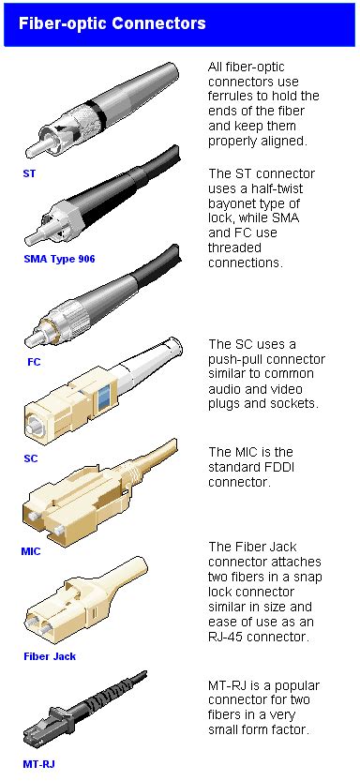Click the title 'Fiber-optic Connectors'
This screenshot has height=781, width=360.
coord(112,23)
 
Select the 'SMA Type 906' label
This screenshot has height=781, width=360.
coord(59,259)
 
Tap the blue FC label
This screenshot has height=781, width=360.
coord(34,360)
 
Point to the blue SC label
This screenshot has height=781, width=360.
coord(30,458)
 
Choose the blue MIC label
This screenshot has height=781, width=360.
coord(31,551)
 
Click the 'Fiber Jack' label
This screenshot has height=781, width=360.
coord(50,656)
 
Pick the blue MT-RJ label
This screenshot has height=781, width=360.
coord(38,764)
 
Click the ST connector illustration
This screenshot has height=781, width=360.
coord(103,113)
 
